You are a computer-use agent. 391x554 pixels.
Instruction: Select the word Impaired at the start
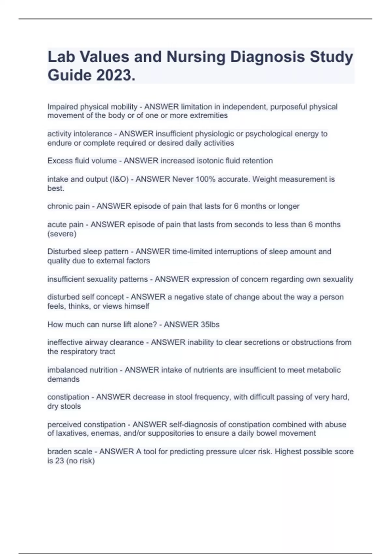click(63, 107)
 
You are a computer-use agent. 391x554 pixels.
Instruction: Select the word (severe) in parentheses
click(62, 234)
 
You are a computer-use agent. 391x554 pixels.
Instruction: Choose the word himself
click(137, 306)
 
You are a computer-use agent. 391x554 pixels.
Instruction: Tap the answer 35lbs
click(206, 325)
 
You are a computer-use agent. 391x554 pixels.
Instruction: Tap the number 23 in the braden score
click(60, 461)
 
